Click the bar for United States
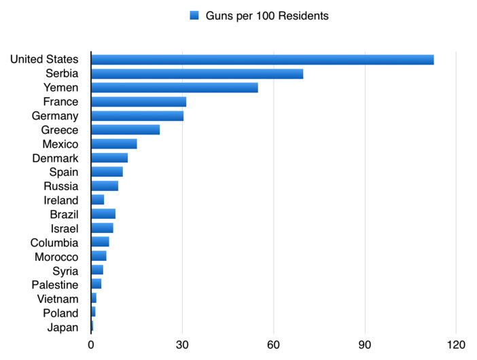pyautogui.click(x=262, y=60)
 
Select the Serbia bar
pyautogui.click(x=197, y=74)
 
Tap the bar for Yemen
pyautogui.click(x=175, y=88)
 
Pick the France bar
pyautogui.click(x=139, y=102)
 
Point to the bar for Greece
pyautogui.click(x=125, y=130)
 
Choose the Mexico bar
pyautogui.click(x=114, y=144)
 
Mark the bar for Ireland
pyautogui.click(x=98, y=200)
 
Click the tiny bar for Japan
pyautogui.click(x=92, y=326)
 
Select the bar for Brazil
pyautogui.click(x=103, y=214)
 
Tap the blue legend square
pyautogui.click(x=194, y=15)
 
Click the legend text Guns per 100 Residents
pyautogui.click(x=267, y=16)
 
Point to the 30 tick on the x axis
pyautogui.click(x=182, y=345)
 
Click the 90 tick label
pyautogui.click(x=364, y=345)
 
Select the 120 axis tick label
pyautogui.click(x=456, y=345)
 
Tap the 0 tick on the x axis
pyautogui.click(x=91, y=345)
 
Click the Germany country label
pyautogui.click(x=55, y=116)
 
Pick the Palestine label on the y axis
pyautogui.click(x=55, y=285)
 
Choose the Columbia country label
pyautogui.click(x=54, y=242)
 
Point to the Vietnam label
pyautogui.click(x=58, y=299)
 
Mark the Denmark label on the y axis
pyautogui.click(x=55, y=158)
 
